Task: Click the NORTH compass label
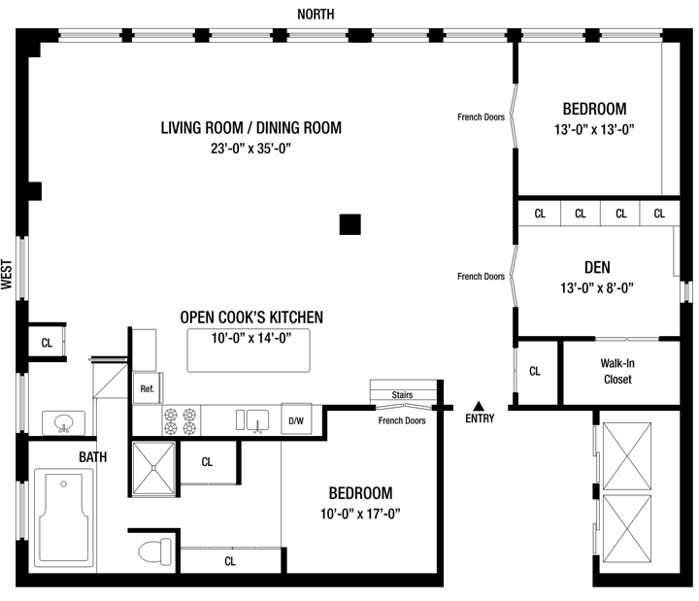[316, 15]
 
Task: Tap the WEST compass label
[6, 274]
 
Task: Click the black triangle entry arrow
[479, 406]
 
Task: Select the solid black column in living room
[349, 224]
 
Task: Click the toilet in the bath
[154, 551]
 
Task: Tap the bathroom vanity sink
[63, 422]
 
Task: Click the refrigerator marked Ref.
[148, 388]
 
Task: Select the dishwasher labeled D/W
[296, 420]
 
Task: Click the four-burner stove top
[181, 421]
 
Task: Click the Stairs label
[402, 394]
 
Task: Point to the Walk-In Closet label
[617, 371]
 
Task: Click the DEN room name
[597, 268]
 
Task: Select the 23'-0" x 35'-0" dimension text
[251, 148]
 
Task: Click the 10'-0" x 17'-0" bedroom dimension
[360, 514]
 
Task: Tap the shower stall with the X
[153, 468]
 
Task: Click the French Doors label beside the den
[481, 277]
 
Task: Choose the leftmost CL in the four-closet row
[540, 214]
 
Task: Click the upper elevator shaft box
[626, 456]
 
